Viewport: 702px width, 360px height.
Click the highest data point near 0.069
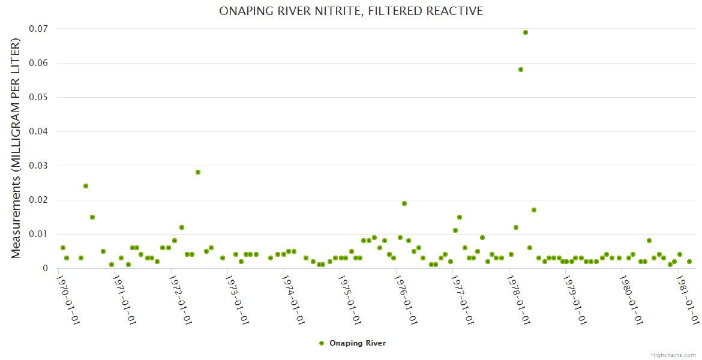click(x=526, y=32)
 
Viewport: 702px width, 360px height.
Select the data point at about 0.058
click(x=521, y=70)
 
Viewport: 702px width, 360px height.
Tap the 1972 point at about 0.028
click(x=198, y=172)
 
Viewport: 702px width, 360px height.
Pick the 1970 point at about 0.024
click(x=86, y=186)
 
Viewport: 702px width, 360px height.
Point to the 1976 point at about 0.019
click(x=404, y=203)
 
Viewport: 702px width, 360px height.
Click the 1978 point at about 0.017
click(x=534, y=210)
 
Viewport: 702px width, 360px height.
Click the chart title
click(x=351, y=11)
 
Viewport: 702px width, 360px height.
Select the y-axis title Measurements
click(x=16, y=148)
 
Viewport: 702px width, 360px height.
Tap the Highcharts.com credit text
click(x=674, y=355)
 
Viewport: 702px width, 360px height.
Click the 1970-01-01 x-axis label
click(x=68, y=298)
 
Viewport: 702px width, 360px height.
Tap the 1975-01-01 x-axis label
click(x=349, y=298)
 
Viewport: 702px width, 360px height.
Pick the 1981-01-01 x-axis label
click(x=687, y=298)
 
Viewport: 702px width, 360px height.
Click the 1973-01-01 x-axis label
click(x=237, y=298)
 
